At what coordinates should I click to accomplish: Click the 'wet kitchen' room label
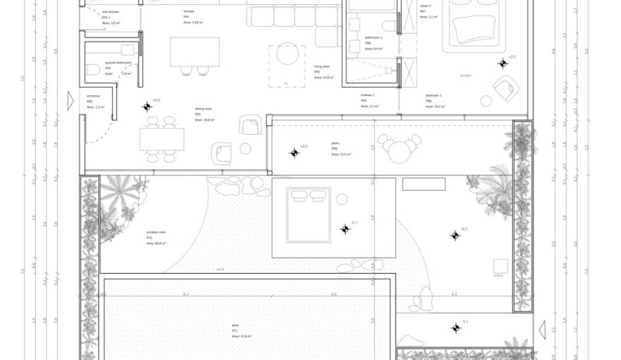click(111, 12)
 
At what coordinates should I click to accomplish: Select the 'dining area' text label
click(203, 109)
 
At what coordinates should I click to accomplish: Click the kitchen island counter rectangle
click(194, 52)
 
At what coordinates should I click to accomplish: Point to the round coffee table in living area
click(288, 54)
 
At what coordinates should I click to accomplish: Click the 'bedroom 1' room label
click(433, 95)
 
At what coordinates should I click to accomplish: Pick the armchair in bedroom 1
click(505, 88)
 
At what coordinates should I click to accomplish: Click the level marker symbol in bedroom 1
click(502, 64)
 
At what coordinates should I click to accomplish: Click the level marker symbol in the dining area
click(147, 107)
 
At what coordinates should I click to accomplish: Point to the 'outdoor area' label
click(156, 232)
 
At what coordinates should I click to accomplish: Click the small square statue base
click(500, 265)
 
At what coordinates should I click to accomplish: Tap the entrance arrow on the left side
click(71, 101)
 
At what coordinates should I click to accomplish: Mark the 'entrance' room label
click(93, 95)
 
